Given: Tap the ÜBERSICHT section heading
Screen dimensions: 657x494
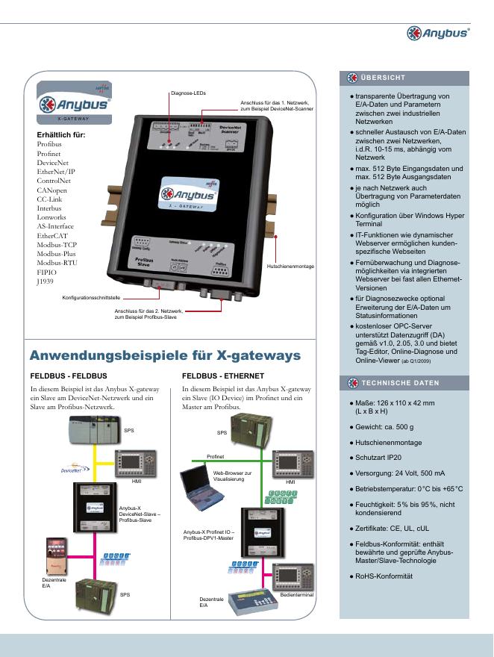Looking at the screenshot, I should (383, 78).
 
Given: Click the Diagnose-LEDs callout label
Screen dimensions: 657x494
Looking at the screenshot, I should (188, 93).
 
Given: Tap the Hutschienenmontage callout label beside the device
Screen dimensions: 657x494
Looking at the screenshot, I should (290, 267).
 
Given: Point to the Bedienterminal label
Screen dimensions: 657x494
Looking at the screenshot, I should (296, 595).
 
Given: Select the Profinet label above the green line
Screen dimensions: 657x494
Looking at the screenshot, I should (215, 455).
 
